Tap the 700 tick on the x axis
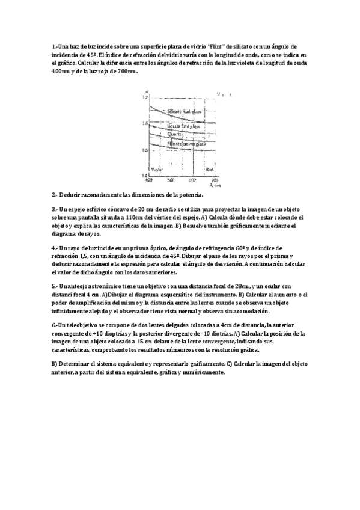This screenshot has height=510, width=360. tap(214, 180)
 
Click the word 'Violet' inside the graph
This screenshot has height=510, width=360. tap(156, 170)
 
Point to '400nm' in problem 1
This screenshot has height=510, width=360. tap(61, 70)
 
